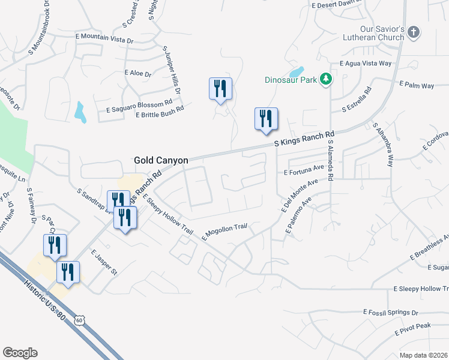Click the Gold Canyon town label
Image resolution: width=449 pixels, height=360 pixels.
161,160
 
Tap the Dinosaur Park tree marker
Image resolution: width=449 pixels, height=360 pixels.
325,79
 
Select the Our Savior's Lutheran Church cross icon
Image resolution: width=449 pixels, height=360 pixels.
412,34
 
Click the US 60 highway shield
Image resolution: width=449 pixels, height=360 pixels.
80,320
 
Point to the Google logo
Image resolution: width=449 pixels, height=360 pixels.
20,352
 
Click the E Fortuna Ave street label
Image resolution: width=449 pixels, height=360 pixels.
304,172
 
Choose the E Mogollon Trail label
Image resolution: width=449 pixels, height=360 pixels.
225,231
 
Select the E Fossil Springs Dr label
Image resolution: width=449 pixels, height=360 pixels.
391,313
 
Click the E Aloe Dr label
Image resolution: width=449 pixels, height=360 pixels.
137,73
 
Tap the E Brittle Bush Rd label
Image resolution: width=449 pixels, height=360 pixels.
159,112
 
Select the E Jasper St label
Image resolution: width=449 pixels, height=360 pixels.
104,263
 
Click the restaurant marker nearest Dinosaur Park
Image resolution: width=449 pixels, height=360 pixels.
265,119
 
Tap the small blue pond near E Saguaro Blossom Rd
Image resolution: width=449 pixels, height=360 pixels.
80,112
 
